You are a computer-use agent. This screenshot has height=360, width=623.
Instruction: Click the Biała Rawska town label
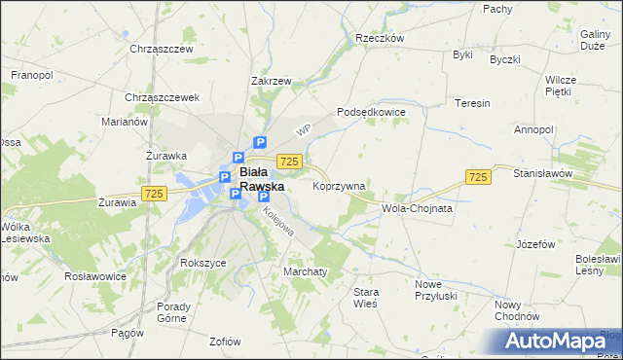coord(262,179)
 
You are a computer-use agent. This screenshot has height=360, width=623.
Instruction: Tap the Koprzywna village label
coord(339,185)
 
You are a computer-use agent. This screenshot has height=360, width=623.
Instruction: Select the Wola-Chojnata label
coord(418,208)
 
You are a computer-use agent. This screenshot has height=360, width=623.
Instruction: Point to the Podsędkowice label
coord(371,112)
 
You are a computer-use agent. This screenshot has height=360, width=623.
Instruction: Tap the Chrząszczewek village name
coord(163,97)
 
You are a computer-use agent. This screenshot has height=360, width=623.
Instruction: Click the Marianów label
coord(124,122)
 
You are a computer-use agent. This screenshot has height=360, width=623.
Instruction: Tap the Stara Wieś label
coord(365,298)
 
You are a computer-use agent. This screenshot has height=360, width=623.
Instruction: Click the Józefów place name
coord(542,244)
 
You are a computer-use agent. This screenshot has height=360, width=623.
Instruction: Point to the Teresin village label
coord(472,102)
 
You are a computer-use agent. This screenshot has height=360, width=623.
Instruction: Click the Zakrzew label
coord(272,82)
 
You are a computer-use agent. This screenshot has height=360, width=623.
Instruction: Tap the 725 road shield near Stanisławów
coord(477,176)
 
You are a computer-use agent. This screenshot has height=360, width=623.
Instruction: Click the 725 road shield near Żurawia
coord(153,194)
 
